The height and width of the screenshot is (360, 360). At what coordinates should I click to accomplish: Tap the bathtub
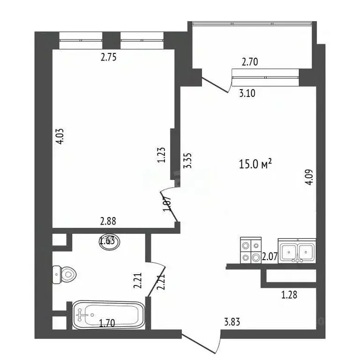click(x=109, y=315)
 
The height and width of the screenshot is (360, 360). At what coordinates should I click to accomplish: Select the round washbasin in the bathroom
click(x=110, y=242)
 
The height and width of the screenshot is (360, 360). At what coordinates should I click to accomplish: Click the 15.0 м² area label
click(x=255, y=165)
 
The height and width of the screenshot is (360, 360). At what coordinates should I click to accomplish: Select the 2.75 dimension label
click(x=109, y=58)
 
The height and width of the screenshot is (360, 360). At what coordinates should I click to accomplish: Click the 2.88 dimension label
click(x=108, y=221)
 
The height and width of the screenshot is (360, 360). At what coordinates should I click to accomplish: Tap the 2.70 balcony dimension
click(x=250, y=61)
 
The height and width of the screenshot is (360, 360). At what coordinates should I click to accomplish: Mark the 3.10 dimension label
click(x=247, y=93)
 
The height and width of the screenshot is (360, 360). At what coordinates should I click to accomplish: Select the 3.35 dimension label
click(x=189, y=161)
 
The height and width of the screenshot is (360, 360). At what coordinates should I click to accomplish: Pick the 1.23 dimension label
click(x=161, y=155)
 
